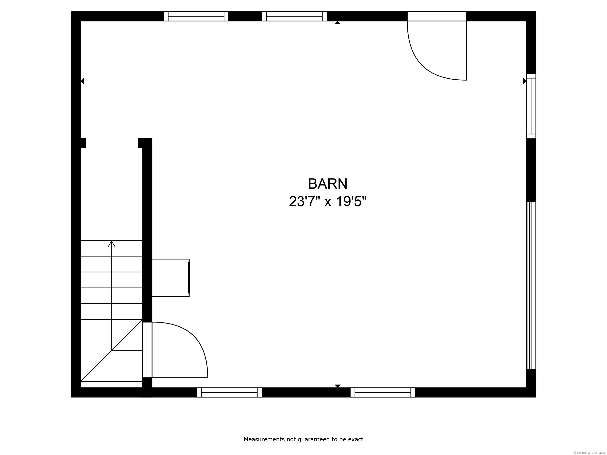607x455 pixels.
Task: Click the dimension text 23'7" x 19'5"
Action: click(328, 202)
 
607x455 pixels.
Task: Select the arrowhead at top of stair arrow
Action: click(111, 244)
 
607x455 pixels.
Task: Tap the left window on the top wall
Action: click(196, 16)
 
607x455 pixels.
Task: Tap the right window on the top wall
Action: click(294, 16)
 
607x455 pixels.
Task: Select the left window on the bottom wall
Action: click(229, 392)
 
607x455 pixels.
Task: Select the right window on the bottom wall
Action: click(383, 392)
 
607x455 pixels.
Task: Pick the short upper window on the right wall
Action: click(531, 106)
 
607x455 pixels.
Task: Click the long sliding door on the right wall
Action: click(531, 285)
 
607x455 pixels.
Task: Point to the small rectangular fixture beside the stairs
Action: click(171, 277)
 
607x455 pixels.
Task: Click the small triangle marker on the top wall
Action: click(337, 23)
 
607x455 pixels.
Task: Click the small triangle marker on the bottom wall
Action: click(337, 386)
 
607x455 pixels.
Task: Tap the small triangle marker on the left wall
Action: click(82, 81)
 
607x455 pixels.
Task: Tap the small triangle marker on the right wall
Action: click(525, 81)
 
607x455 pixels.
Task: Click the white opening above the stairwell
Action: click(112, 143)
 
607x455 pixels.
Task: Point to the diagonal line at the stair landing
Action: click(111, 351)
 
